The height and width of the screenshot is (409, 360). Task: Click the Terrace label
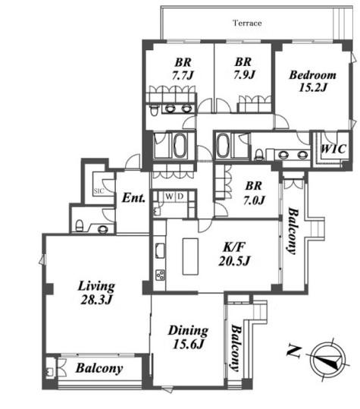click(247, 23)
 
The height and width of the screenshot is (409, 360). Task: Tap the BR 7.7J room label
click(183, 69)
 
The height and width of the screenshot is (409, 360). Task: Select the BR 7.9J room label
click(244, 68)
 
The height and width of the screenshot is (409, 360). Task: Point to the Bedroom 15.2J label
click(312, 81)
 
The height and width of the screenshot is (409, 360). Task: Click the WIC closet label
click(333, 149)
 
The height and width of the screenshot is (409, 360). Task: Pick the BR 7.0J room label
click(254, 193)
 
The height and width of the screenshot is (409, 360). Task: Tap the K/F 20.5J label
click(234, 253)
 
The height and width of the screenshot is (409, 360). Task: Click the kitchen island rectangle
click(190, 256)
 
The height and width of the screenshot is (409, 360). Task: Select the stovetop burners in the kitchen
click(160, 275)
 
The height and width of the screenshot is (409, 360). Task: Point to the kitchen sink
click(160, 250)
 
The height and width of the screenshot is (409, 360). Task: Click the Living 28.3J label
click(96, 293)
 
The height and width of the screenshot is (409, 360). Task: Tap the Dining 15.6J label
click(188, 337)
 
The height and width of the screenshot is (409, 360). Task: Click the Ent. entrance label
click(133, 198)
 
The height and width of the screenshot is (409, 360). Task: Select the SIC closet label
click(99, 191)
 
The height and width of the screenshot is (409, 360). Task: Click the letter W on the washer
click(169, 197)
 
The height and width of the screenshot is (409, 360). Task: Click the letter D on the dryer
click(180, 197)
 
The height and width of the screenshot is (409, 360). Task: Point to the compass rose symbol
click(329, 360)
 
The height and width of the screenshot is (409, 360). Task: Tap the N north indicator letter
click(294, 351)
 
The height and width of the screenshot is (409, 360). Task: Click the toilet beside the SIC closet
click(80, 225)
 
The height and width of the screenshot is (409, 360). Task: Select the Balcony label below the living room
click(99, 369)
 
